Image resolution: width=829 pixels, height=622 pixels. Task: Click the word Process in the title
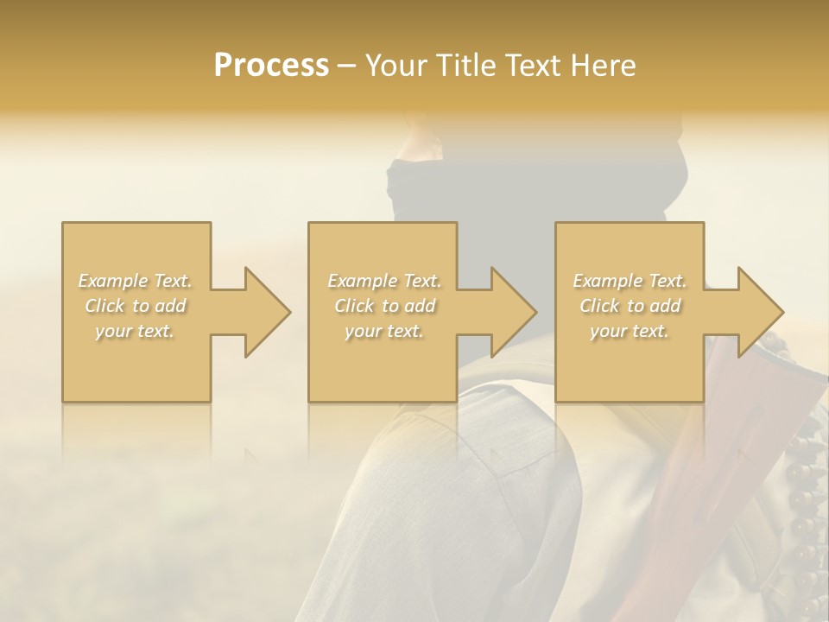pos(271,65)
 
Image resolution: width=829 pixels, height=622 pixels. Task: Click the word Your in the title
pos(396,65)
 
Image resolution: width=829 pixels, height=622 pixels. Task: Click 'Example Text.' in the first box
pos(136,281)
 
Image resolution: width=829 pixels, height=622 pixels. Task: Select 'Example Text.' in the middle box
pos(384,281)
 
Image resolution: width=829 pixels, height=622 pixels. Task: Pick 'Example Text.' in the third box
pos(630,281)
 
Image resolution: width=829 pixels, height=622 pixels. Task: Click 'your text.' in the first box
pos(135,331)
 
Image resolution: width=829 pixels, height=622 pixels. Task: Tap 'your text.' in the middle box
pos(383,331)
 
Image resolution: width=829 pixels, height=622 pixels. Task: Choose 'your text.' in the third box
pos(629,331)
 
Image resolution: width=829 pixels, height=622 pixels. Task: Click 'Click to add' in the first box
pos(136,306)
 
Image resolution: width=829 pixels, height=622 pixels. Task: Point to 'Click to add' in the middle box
pos(384,306)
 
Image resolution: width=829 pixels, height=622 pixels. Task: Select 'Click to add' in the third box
pos(630,306)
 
